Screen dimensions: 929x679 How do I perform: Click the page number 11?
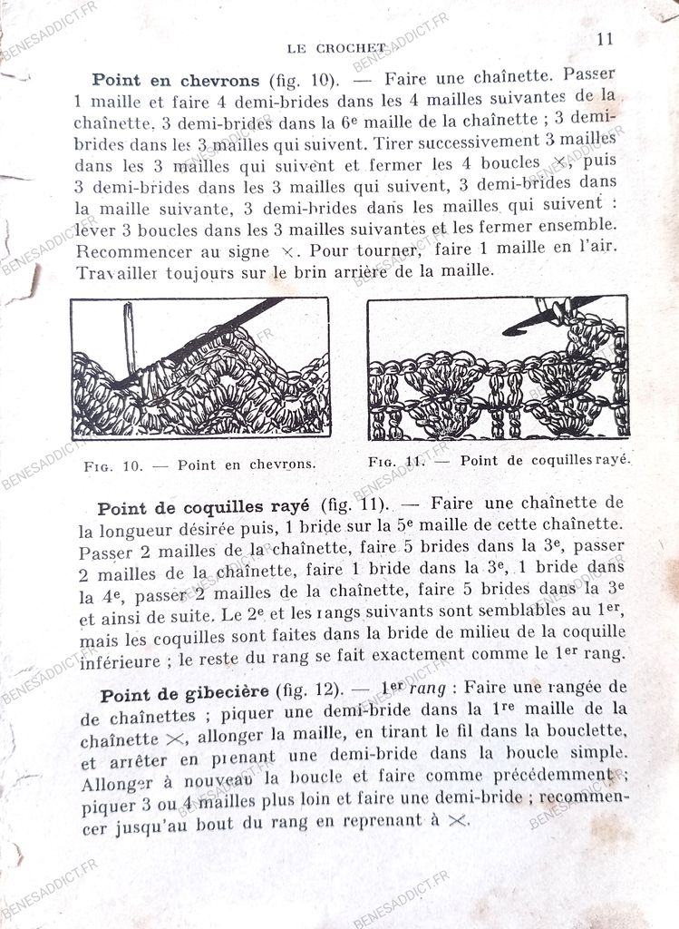(605, 39)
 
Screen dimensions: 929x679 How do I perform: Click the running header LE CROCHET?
(336, 48)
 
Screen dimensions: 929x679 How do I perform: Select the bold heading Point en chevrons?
(176, 80)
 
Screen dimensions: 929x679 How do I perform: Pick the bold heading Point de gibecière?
(185, 695)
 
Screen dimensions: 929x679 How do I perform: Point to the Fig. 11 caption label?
(397, 461)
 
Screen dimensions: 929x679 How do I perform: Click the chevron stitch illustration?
(200, 367)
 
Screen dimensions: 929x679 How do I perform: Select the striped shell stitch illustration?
(497, 367)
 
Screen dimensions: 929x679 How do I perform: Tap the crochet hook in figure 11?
(548, 313)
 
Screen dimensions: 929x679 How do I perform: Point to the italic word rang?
(427, 689)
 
